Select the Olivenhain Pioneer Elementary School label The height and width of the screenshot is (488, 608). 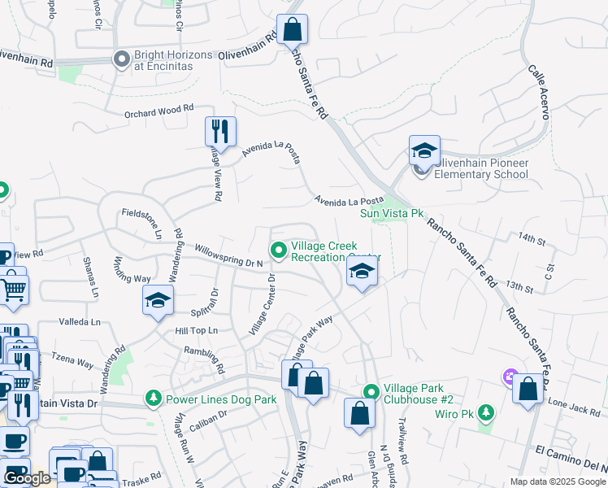(481, 168)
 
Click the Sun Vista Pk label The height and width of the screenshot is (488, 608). (393, 213)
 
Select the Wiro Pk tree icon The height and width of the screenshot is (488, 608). (486, 412)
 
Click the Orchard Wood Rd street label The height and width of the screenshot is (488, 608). (159, 108)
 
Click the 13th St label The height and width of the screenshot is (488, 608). (518, 286)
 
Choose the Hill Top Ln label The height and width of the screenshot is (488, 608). (197, 331)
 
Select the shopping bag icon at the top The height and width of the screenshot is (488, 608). (292, 30)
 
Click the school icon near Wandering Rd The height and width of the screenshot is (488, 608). (159, 300)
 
